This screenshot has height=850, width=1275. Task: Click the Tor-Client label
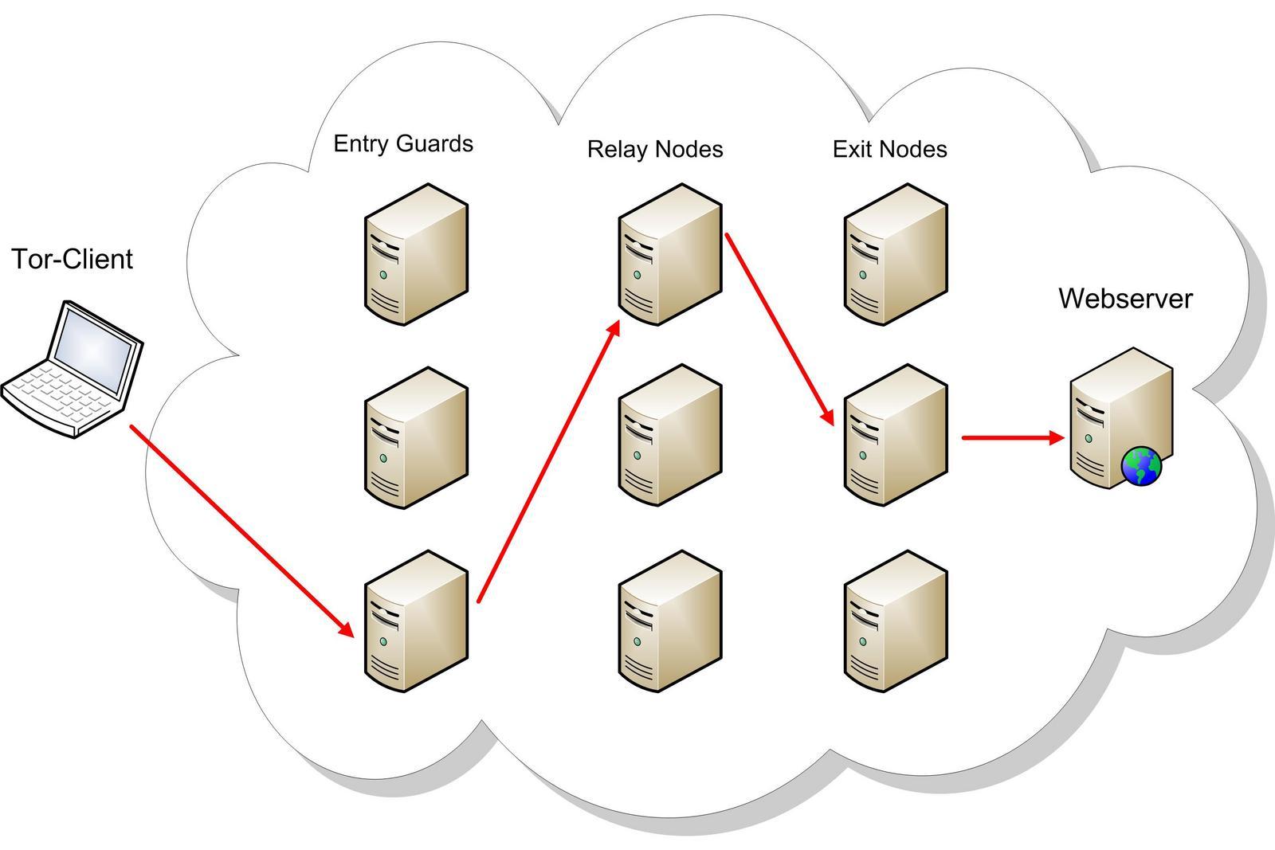(x=73, y=260)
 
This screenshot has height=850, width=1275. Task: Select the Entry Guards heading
(x=403, y=143)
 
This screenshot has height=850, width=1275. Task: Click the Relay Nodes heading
(x=655, y=149)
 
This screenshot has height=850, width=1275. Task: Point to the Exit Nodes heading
(x=890, y=149)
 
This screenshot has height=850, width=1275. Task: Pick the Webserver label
(x=1125, y=299)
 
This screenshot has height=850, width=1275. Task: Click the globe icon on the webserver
(x=1141, y=466)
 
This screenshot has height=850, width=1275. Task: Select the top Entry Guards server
(x=416, y=254)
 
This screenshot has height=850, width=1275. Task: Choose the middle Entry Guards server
(x=416, y=437)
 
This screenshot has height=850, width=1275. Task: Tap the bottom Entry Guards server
(x=416, y=621)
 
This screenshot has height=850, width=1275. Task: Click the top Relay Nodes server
(x=669, y=254)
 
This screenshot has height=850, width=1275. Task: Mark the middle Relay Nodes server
(x=669, y=436)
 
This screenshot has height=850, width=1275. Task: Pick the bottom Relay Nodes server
(x=669, y=621)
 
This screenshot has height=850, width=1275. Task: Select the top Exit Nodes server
(x=896, y=254)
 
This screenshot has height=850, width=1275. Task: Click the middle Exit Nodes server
(x=896, y=436)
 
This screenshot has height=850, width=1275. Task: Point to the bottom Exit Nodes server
(x=896, y=621)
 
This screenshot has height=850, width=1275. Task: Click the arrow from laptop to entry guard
(x=241, y=531)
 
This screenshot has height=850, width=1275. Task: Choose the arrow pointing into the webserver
(x=1012, y=437)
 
